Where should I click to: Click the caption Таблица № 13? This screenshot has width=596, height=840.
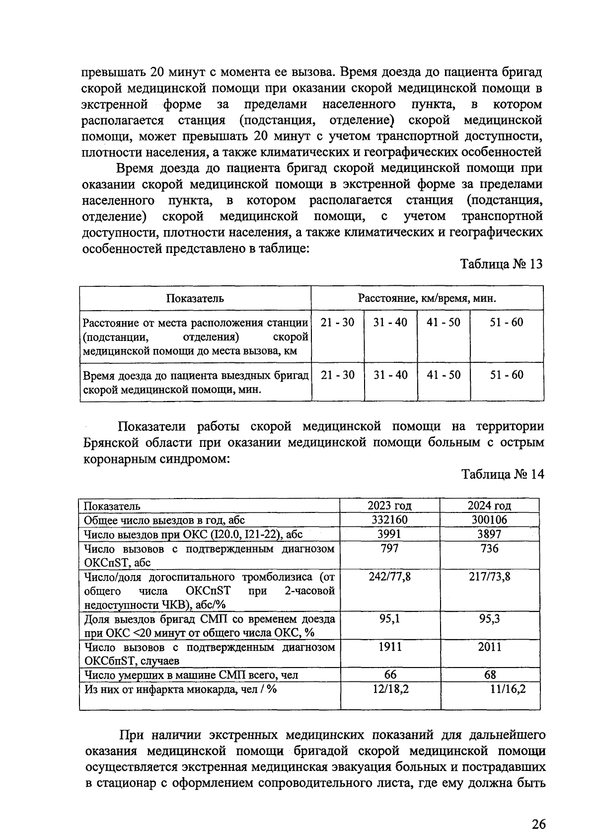click(x=502, y=264)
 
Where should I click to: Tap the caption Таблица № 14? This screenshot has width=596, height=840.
click(x=503, y=474)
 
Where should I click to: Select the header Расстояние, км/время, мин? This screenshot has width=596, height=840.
click(x=427, y=298)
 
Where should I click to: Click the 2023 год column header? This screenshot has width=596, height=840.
click(x=389, y=506)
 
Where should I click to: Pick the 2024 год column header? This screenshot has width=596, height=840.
click(x=489, y=506)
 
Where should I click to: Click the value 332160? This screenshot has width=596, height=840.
click(x=389, y=520)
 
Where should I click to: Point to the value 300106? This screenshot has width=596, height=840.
click(x=489, y=520)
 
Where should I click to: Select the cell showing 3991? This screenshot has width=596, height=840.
click(x=389, y=534)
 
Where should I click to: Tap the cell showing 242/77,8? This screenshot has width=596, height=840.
click(x=389, y=577)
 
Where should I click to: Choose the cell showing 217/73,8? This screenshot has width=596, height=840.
click(x=489, y=577)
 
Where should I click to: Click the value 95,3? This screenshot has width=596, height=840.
click(x=489, y=619)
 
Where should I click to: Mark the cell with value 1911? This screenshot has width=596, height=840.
click(x=389, y=647)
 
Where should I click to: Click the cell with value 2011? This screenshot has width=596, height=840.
click(x=489, y=647)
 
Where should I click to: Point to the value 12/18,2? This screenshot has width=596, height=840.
click(x=390, y=689)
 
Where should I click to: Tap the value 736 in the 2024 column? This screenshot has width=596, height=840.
click(x=489, y=548)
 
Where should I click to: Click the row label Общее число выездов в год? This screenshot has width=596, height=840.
click(x=164, y=520)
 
